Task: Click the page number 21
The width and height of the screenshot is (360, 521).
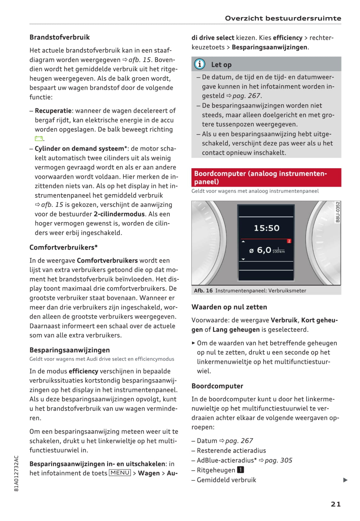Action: tap(336, 504)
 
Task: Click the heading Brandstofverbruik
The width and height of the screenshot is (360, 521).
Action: tap(60, 37)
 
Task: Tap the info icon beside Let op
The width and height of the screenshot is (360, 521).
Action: tap(200, 64)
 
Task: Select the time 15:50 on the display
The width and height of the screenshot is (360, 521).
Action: tap(267, 228)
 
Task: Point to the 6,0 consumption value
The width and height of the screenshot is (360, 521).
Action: tap(264, 250)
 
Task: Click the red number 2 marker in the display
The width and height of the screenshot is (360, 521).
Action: tap(289, 241)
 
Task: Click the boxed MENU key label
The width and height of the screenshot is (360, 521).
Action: tap(120, 473)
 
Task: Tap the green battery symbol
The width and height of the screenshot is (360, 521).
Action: tap(38, 139)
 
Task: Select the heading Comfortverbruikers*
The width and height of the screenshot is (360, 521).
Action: tap(63, 247)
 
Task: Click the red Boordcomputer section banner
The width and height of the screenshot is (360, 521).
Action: tap(266, 177)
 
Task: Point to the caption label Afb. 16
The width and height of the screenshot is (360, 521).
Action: tap(203, 290)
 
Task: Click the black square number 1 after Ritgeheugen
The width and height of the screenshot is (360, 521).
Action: tap(241, 470)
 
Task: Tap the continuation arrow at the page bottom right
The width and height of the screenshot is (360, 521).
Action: tap(345, 480)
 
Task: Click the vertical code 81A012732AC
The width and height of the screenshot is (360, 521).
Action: tap(17, 473)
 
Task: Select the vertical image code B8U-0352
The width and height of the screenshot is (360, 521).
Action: tap(338, 212)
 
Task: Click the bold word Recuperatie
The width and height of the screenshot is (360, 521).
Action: tap(53, 111)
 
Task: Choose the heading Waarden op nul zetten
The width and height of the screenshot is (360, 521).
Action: tap(229, 307)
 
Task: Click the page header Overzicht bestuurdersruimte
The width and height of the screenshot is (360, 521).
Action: tap(283, 18)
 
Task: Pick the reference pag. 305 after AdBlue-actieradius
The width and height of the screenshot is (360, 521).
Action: tap(278, 460)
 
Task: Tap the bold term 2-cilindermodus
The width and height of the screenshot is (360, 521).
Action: tap(119, 214)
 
